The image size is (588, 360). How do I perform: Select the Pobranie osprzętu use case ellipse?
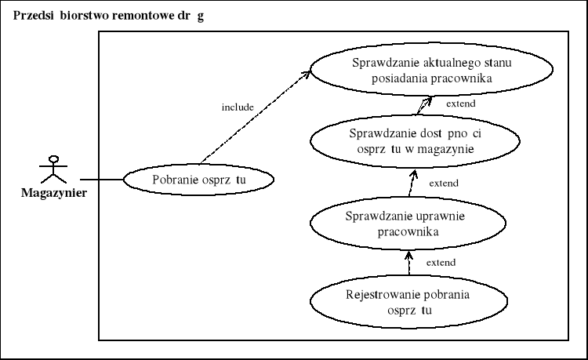200,180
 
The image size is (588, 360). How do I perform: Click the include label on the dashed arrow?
238,106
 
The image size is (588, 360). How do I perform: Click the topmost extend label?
460,103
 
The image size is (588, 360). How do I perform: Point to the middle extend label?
444,183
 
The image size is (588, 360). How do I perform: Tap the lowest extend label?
441,262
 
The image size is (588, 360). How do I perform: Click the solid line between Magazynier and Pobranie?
102,180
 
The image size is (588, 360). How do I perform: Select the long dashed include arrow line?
251,118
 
